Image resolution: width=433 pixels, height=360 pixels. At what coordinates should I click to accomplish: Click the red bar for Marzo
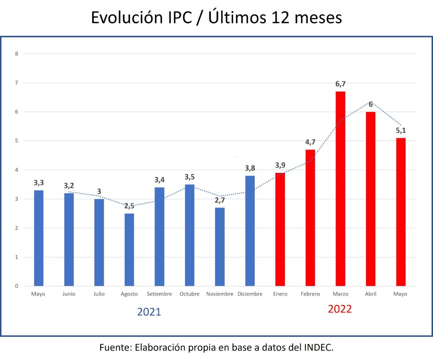click(340, 189)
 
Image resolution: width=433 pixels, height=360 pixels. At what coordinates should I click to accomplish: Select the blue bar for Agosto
click(129, 250)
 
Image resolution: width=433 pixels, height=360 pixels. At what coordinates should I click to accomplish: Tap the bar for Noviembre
click(220, 247)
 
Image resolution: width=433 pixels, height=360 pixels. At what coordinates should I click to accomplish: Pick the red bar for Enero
click(280, 229)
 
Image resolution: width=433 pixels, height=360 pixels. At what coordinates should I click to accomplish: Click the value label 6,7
click(340, 84)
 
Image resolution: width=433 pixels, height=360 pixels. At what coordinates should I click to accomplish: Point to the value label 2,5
click(129, 206)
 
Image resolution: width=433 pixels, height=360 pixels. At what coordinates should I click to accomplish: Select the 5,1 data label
click(401, 130)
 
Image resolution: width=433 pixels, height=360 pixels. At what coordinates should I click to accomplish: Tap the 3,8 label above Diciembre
click(250, 168)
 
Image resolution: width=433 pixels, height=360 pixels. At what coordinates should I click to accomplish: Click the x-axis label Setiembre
click(159, 294)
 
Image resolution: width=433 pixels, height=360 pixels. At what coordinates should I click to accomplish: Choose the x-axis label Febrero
click(310, 294)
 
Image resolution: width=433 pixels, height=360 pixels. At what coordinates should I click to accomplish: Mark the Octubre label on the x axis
click(189, 294)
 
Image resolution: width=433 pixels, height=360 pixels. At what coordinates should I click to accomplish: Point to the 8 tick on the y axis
click(16, 54)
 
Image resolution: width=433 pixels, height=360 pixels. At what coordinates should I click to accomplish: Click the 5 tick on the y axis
click(16, 141)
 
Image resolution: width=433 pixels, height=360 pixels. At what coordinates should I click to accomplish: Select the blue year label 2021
click(149, 312)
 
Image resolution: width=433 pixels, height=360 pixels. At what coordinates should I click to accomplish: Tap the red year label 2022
click(340, 309)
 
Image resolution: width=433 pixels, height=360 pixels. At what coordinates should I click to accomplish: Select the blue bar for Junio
click(69, 240)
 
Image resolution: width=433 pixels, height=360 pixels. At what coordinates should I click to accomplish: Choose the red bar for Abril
click(371, 199)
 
